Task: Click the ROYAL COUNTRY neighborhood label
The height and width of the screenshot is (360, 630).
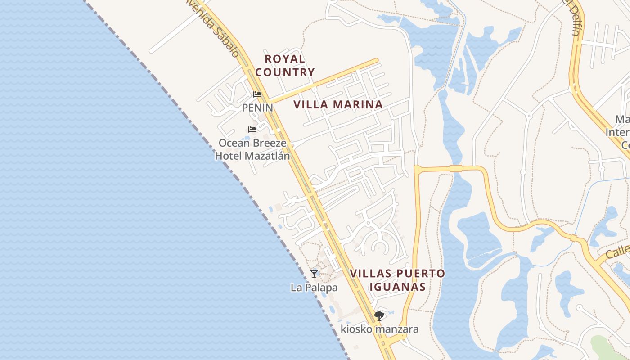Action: tap(285, 65)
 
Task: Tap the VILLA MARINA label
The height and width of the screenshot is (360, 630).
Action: tap(338, 105)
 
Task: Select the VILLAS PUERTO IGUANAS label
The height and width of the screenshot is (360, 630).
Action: tap(397, 280)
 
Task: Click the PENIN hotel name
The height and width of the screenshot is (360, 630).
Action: tap(257, 108)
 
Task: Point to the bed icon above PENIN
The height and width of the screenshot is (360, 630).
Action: tap(257, 94)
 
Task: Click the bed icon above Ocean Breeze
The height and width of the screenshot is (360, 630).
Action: tap(252, 130)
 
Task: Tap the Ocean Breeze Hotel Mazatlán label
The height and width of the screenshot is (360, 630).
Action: tap(252, 149)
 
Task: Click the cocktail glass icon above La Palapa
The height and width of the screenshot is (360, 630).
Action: tap(314, 274)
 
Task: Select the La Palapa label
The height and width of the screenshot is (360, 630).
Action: tap(314, 287)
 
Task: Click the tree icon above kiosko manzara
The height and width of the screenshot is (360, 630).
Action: tap(379, 315)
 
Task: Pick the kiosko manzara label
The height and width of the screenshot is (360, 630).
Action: tap(379, 329)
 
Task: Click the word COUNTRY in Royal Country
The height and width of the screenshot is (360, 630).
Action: tap(285, 72)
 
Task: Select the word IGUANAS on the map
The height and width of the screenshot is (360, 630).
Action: tap(397, 287)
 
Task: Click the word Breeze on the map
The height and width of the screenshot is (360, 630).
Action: tap(268, 143)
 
